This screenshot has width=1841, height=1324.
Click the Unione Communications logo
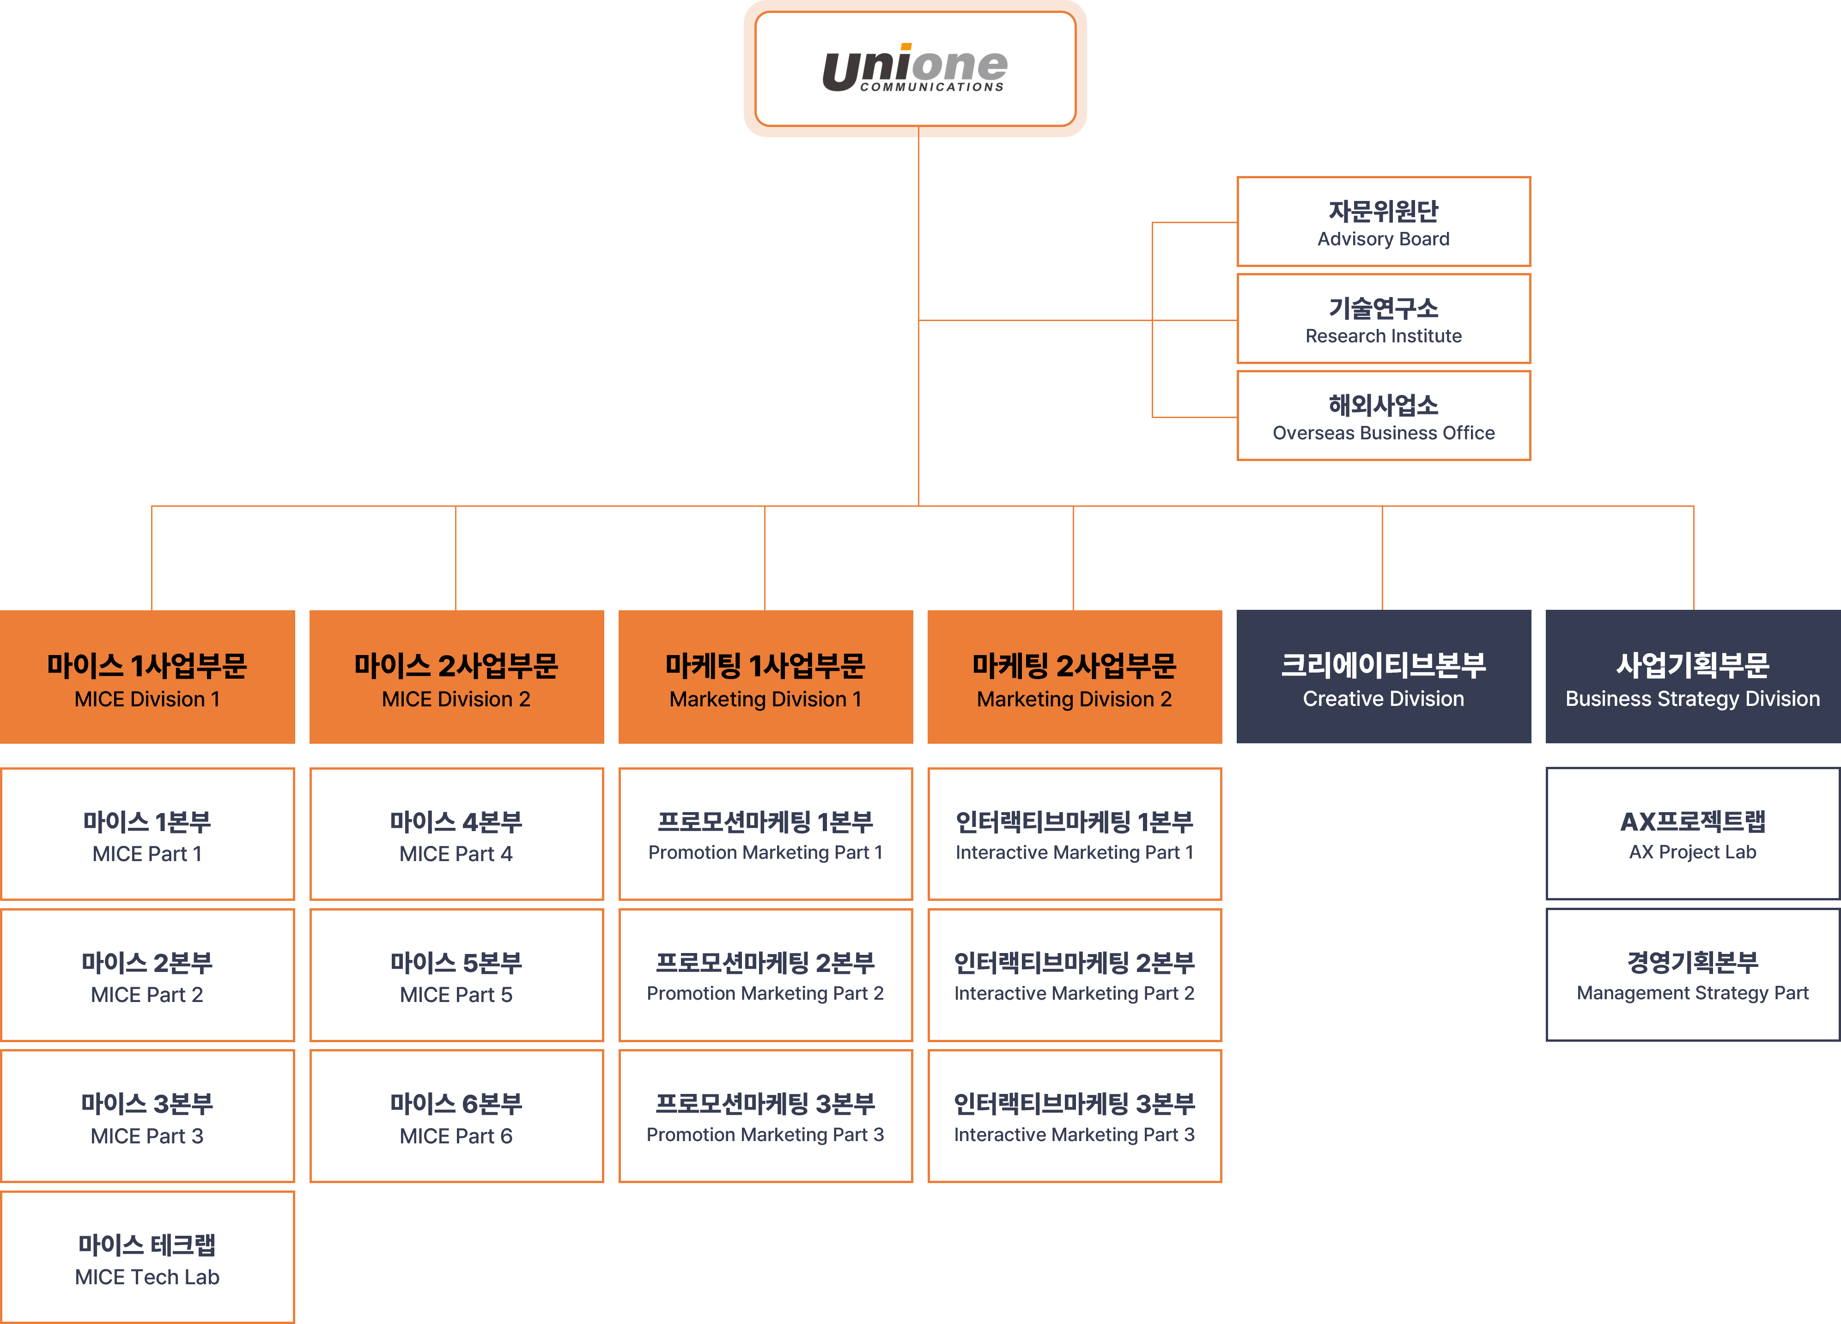pyautogui.click(x=915, y=69)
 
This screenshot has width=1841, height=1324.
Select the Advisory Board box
pyautogui.click(x=1383, y=222)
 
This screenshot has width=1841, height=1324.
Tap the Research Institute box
pyautogui.click(x=1383, y=319)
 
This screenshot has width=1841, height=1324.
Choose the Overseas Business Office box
pyautogui.click(x=1383, y=416)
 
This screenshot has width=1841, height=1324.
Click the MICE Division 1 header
pyautogui.click(x=147, y=677)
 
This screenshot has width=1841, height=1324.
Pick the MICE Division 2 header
pyautogui.click(x=456, y=677)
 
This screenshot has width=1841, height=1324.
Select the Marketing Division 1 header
pyautogui.click(x=766, y=677)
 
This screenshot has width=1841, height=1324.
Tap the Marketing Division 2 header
pyautogui.click(x=1075, y=677)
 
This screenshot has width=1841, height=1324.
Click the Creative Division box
pyautogui.click(x=1383, y=677)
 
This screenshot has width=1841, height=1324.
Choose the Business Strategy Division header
pyautogui.click(x=1692, y=677)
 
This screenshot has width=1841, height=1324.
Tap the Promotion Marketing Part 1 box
pyautogui.click(x=766, y=834)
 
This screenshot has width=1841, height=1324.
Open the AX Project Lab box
pyautogui.click(x=1692, y=834)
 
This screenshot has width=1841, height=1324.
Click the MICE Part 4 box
pyautogui.click(x=456, y=834)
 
